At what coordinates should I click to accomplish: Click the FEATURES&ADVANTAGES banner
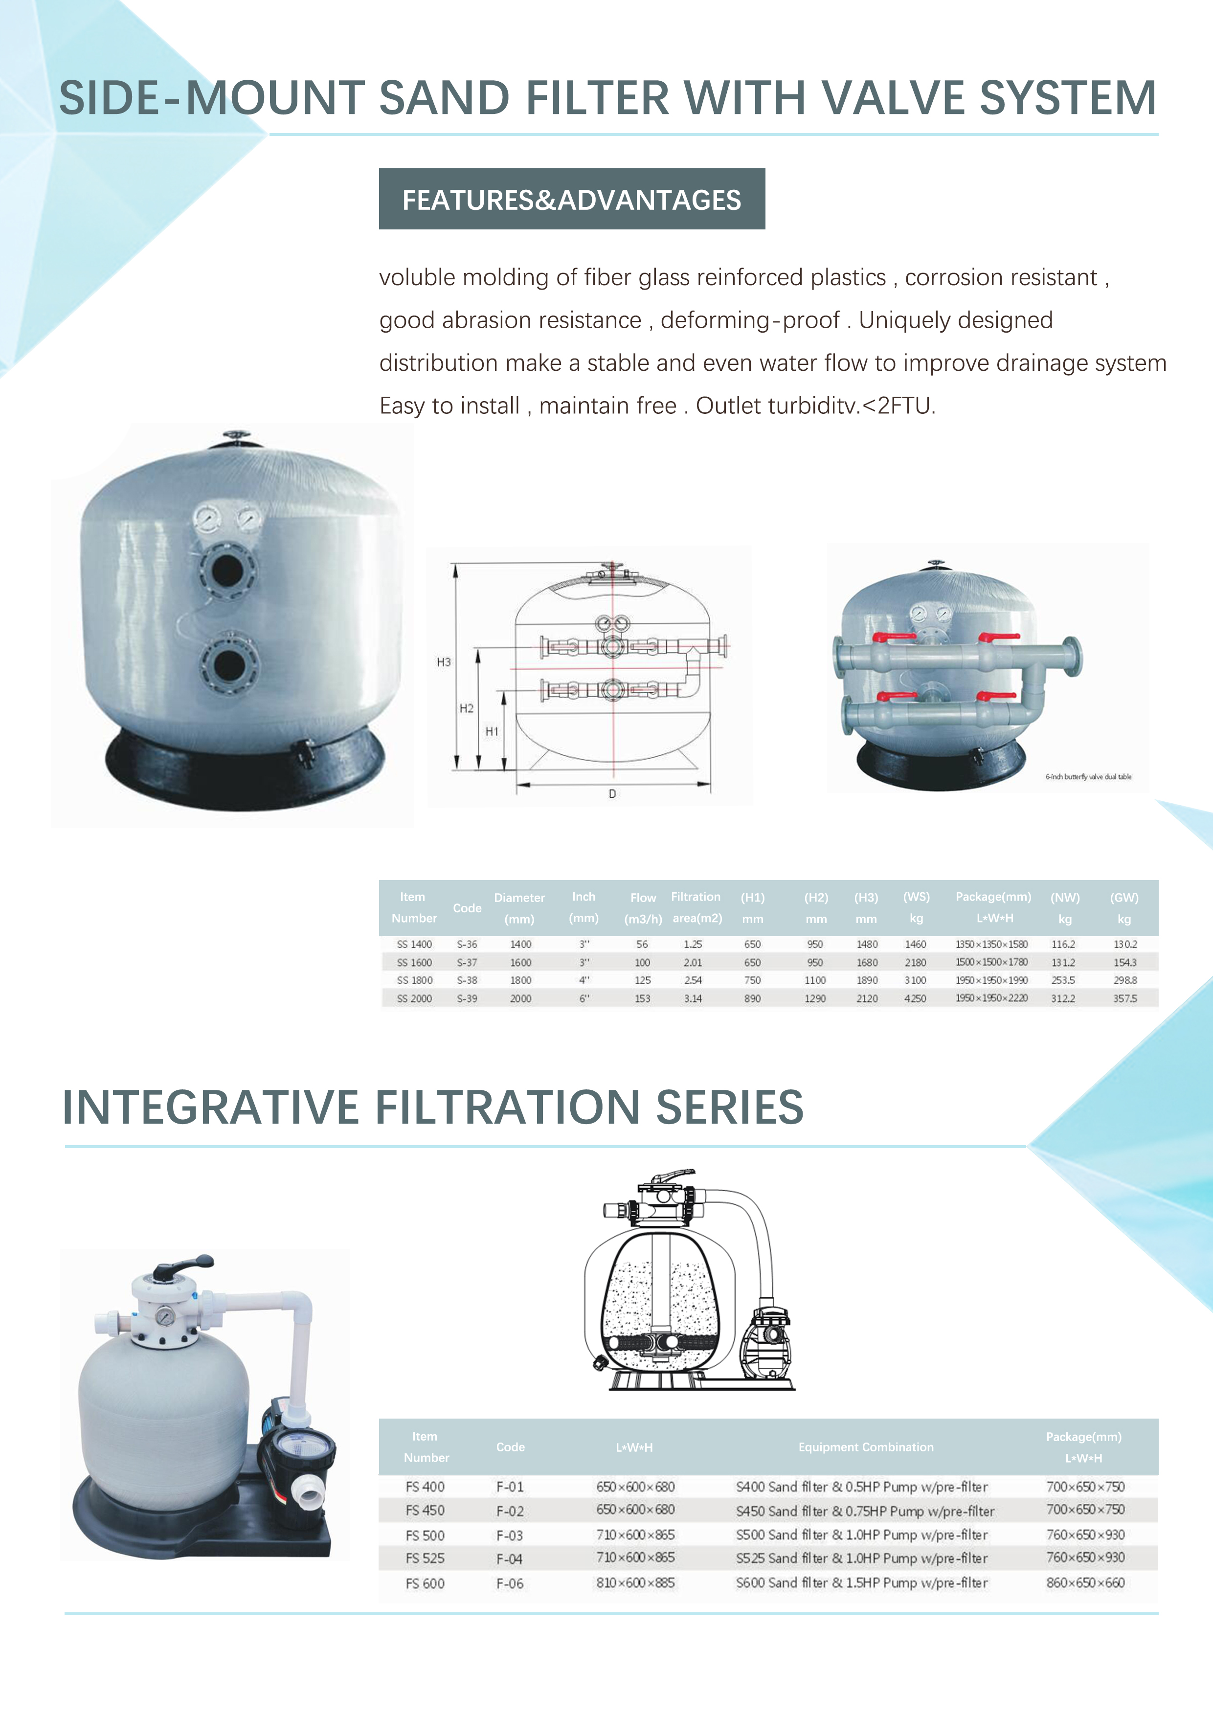pos(572,199)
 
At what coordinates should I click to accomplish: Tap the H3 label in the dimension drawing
pos(444,662)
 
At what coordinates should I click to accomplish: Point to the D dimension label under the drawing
pos(612,794)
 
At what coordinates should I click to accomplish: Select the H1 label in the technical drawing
pos(492,732)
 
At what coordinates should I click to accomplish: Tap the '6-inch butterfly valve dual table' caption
pos(1088,776)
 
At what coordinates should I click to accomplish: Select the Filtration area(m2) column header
pos(696,907)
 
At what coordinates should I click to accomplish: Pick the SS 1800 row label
pos(415,980)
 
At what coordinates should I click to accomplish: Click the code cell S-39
pos(467,998)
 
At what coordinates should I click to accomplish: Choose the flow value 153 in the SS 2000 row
pos(643,998)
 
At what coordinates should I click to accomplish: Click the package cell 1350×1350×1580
pos(992,945)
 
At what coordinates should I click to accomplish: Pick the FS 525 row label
pos(425,1558)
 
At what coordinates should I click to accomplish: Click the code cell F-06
pos(510,1583)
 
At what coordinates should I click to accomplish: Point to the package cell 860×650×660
pos(1085,1582)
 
